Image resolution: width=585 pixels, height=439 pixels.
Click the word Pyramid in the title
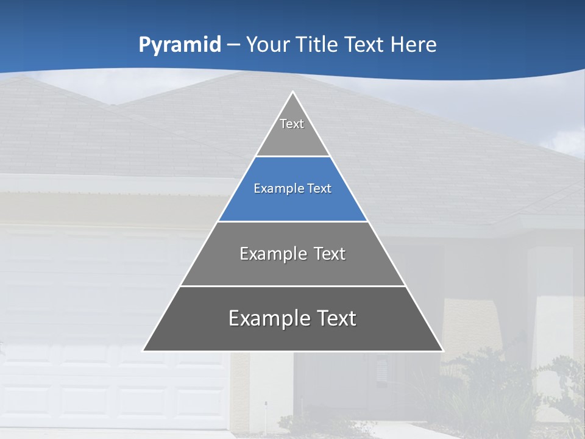[x=179, y=45]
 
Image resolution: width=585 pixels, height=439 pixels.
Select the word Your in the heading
[x=267, y=45]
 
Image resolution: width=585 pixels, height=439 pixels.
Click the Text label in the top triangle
[x=292, y=124]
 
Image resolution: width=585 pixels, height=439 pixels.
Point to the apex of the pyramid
[x=292, y=92]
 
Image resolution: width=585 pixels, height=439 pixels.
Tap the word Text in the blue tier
[x=319, y=188]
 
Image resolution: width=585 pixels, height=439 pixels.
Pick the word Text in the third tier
[x=330, y=254]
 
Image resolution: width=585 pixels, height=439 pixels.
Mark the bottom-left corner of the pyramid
[x=143, y=351]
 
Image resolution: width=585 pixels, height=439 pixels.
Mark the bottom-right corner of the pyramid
[x=443, y=351]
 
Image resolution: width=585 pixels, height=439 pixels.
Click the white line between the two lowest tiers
[x=292, y=286]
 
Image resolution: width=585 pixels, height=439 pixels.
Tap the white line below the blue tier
[x=292, y=221]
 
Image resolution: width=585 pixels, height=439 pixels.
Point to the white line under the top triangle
[x=292, y=157]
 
